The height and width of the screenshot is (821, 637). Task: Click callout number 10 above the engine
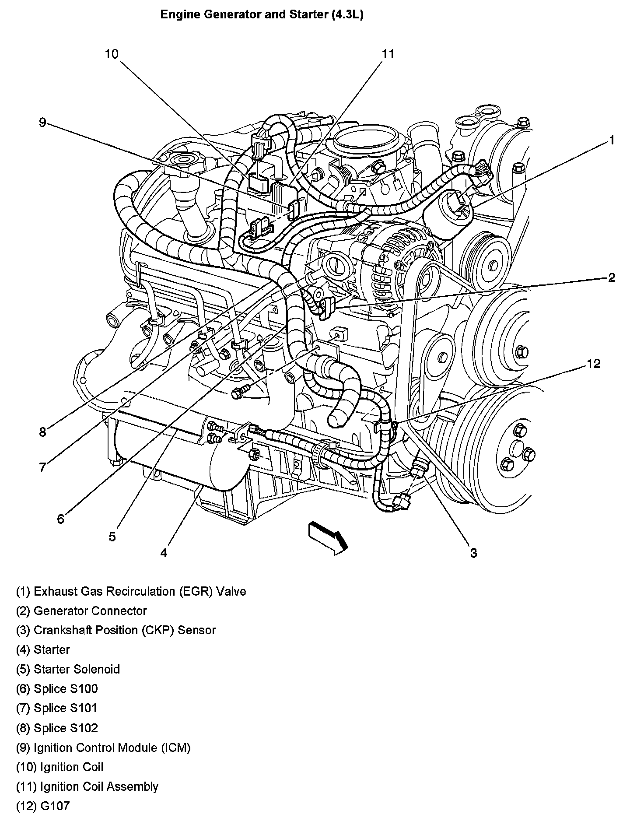point(112,54)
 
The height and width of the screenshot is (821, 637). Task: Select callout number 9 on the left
point(42,123)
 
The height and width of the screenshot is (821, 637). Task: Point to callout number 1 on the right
point(612,140)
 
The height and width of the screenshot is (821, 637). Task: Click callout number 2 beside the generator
point(612,277)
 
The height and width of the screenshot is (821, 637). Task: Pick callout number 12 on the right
point(594,364)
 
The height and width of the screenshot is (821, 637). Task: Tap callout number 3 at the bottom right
point(474,553)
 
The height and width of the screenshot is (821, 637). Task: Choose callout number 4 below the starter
point(164,553)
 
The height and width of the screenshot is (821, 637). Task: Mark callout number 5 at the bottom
point(112,537)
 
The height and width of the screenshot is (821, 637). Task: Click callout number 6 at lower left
point(60,519)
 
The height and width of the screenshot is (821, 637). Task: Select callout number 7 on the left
point(42,468)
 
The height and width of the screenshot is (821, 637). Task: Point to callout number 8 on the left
point(42,433)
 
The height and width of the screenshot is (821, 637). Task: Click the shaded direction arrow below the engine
point(328,537)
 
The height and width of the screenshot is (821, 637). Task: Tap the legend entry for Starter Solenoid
point(68,670)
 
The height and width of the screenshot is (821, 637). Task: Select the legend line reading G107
point(43,806)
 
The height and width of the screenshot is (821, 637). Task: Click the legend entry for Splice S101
point(57,708)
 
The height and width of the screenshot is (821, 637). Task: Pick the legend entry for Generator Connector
point(81,611)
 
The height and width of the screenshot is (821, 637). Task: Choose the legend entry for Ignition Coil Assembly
point(87,786)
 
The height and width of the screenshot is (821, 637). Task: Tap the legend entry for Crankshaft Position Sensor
point(116,631)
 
